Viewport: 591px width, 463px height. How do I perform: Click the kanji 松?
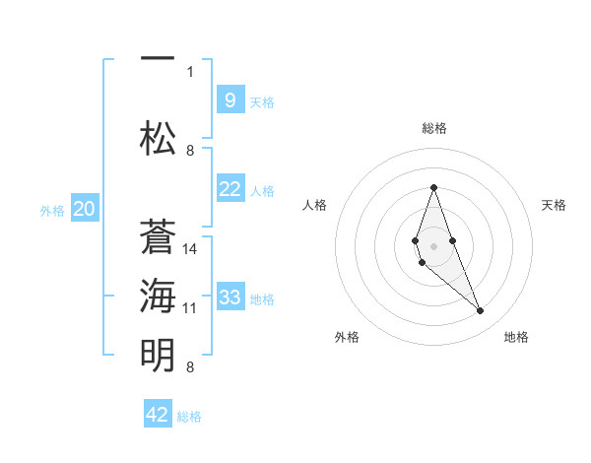(x=158, y=138)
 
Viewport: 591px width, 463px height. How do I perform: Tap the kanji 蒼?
(x=158, y=236)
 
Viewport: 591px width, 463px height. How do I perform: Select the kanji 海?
(x=158, y=296)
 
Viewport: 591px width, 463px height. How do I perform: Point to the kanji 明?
(x=158, y=355)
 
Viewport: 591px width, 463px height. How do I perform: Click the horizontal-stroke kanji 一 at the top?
(x=158, y=58)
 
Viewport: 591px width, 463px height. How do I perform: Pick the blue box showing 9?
(x=230, y=99)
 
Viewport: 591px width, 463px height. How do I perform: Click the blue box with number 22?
(x=230, y=188)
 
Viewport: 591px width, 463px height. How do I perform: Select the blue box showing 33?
(x=230, y=296)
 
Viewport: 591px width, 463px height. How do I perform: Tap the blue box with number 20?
(x=85, y=208)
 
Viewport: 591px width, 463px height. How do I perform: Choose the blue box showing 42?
(x=158, y=413)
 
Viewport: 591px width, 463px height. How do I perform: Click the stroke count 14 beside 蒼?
(x=189, y=249)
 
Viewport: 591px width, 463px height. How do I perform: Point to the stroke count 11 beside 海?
(x=189, y=308)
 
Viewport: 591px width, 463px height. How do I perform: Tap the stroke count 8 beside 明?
(x=190, y=367)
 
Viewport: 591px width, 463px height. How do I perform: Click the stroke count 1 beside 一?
(x=190, y=72)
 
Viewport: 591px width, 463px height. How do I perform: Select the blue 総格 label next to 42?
(x=189, y=417)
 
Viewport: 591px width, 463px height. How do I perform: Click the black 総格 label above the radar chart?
(x=434, y=128)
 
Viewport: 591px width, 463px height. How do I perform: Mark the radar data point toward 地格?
(x=480, y=310)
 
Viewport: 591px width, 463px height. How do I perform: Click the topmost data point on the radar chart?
(x=433, y=187)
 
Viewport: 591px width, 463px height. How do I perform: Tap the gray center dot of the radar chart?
(x=433, y=246)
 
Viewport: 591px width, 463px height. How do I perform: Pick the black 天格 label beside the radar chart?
(x=554, y=205)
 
